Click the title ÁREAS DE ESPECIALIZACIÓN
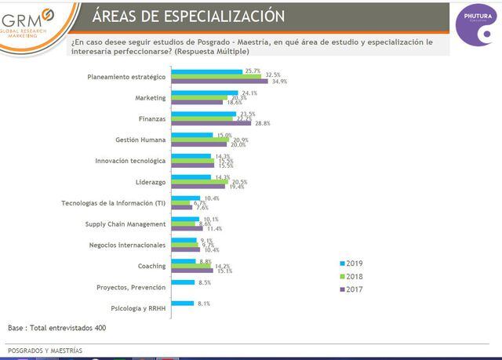[x=188, y=16]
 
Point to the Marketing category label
[x=150, y=97]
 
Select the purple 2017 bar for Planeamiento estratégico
[x=220, y=81]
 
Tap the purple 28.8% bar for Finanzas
[x=211, y=123]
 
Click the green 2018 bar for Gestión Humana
[x=199, y=140]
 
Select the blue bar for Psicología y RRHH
[x=183, y=302]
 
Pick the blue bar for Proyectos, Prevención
[x=184, y=282]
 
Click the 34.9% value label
[x=279, y=81]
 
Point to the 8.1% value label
[x=203, y=302]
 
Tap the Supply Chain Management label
[x=125, y=224]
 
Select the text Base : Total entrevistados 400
[x=56, y=328]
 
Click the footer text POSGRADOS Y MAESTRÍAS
[x=45, y=350]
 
